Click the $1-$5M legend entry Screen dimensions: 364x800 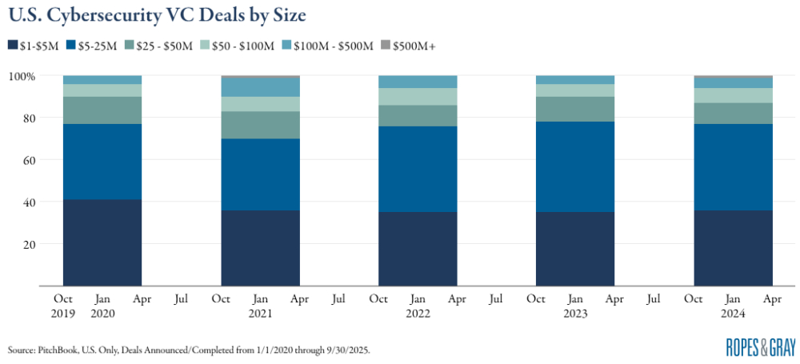click(x=35, y=46)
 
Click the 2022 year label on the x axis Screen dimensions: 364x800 click(x=417, y=314)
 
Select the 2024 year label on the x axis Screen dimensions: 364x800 click(x=733, y=314)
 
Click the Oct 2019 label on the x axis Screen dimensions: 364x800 click(x=63, y=306)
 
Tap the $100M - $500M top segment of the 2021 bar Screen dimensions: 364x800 click(x=260, y=87)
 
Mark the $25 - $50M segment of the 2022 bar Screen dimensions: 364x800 click(x=417, y=115)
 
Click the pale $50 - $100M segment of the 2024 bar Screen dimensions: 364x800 click(x=733, y=95)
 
